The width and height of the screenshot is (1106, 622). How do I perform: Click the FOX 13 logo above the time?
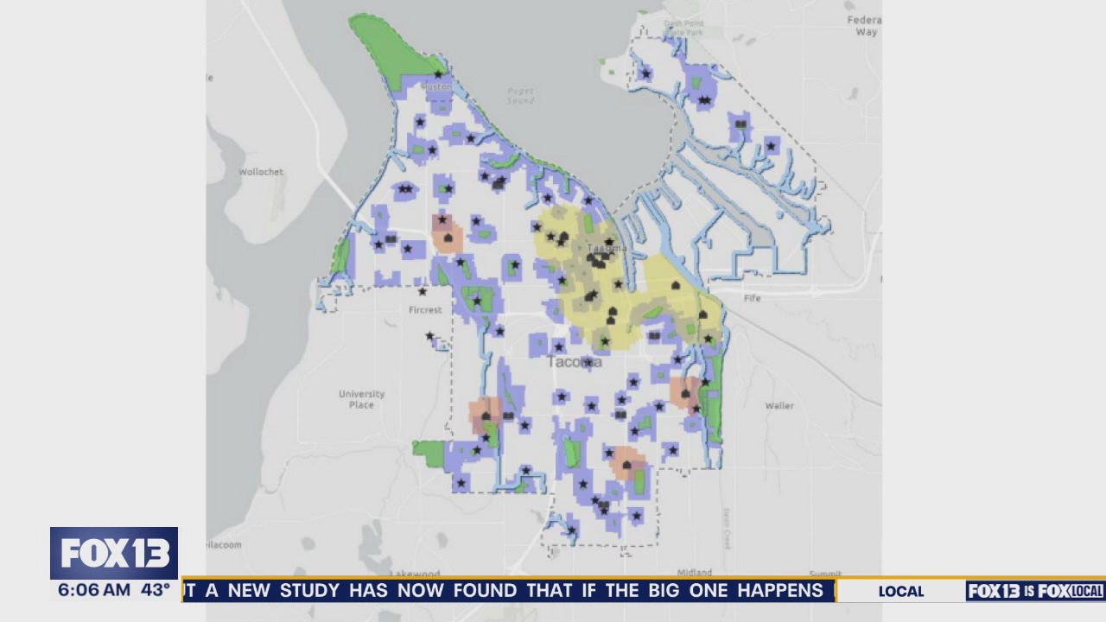point(113,553)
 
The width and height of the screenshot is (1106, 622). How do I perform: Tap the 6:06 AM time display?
point(94,591)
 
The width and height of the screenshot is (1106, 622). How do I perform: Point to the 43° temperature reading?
point(156,591)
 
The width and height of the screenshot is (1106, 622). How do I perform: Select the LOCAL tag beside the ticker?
point(900,592)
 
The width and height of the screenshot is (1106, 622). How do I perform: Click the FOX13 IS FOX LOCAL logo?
point(1035,591)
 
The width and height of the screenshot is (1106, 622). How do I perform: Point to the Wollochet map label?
point(261,172)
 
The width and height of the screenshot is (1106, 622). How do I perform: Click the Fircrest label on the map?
point(425,309)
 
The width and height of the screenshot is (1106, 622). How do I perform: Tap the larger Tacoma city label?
point(575,362)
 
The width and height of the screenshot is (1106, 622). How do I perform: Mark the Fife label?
point(752,298)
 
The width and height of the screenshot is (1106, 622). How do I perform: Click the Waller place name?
point(779,405)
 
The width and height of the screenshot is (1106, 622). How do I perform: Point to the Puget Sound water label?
point(520,95)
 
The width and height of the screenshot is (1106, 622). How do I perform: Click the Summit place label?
point(824,574)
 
